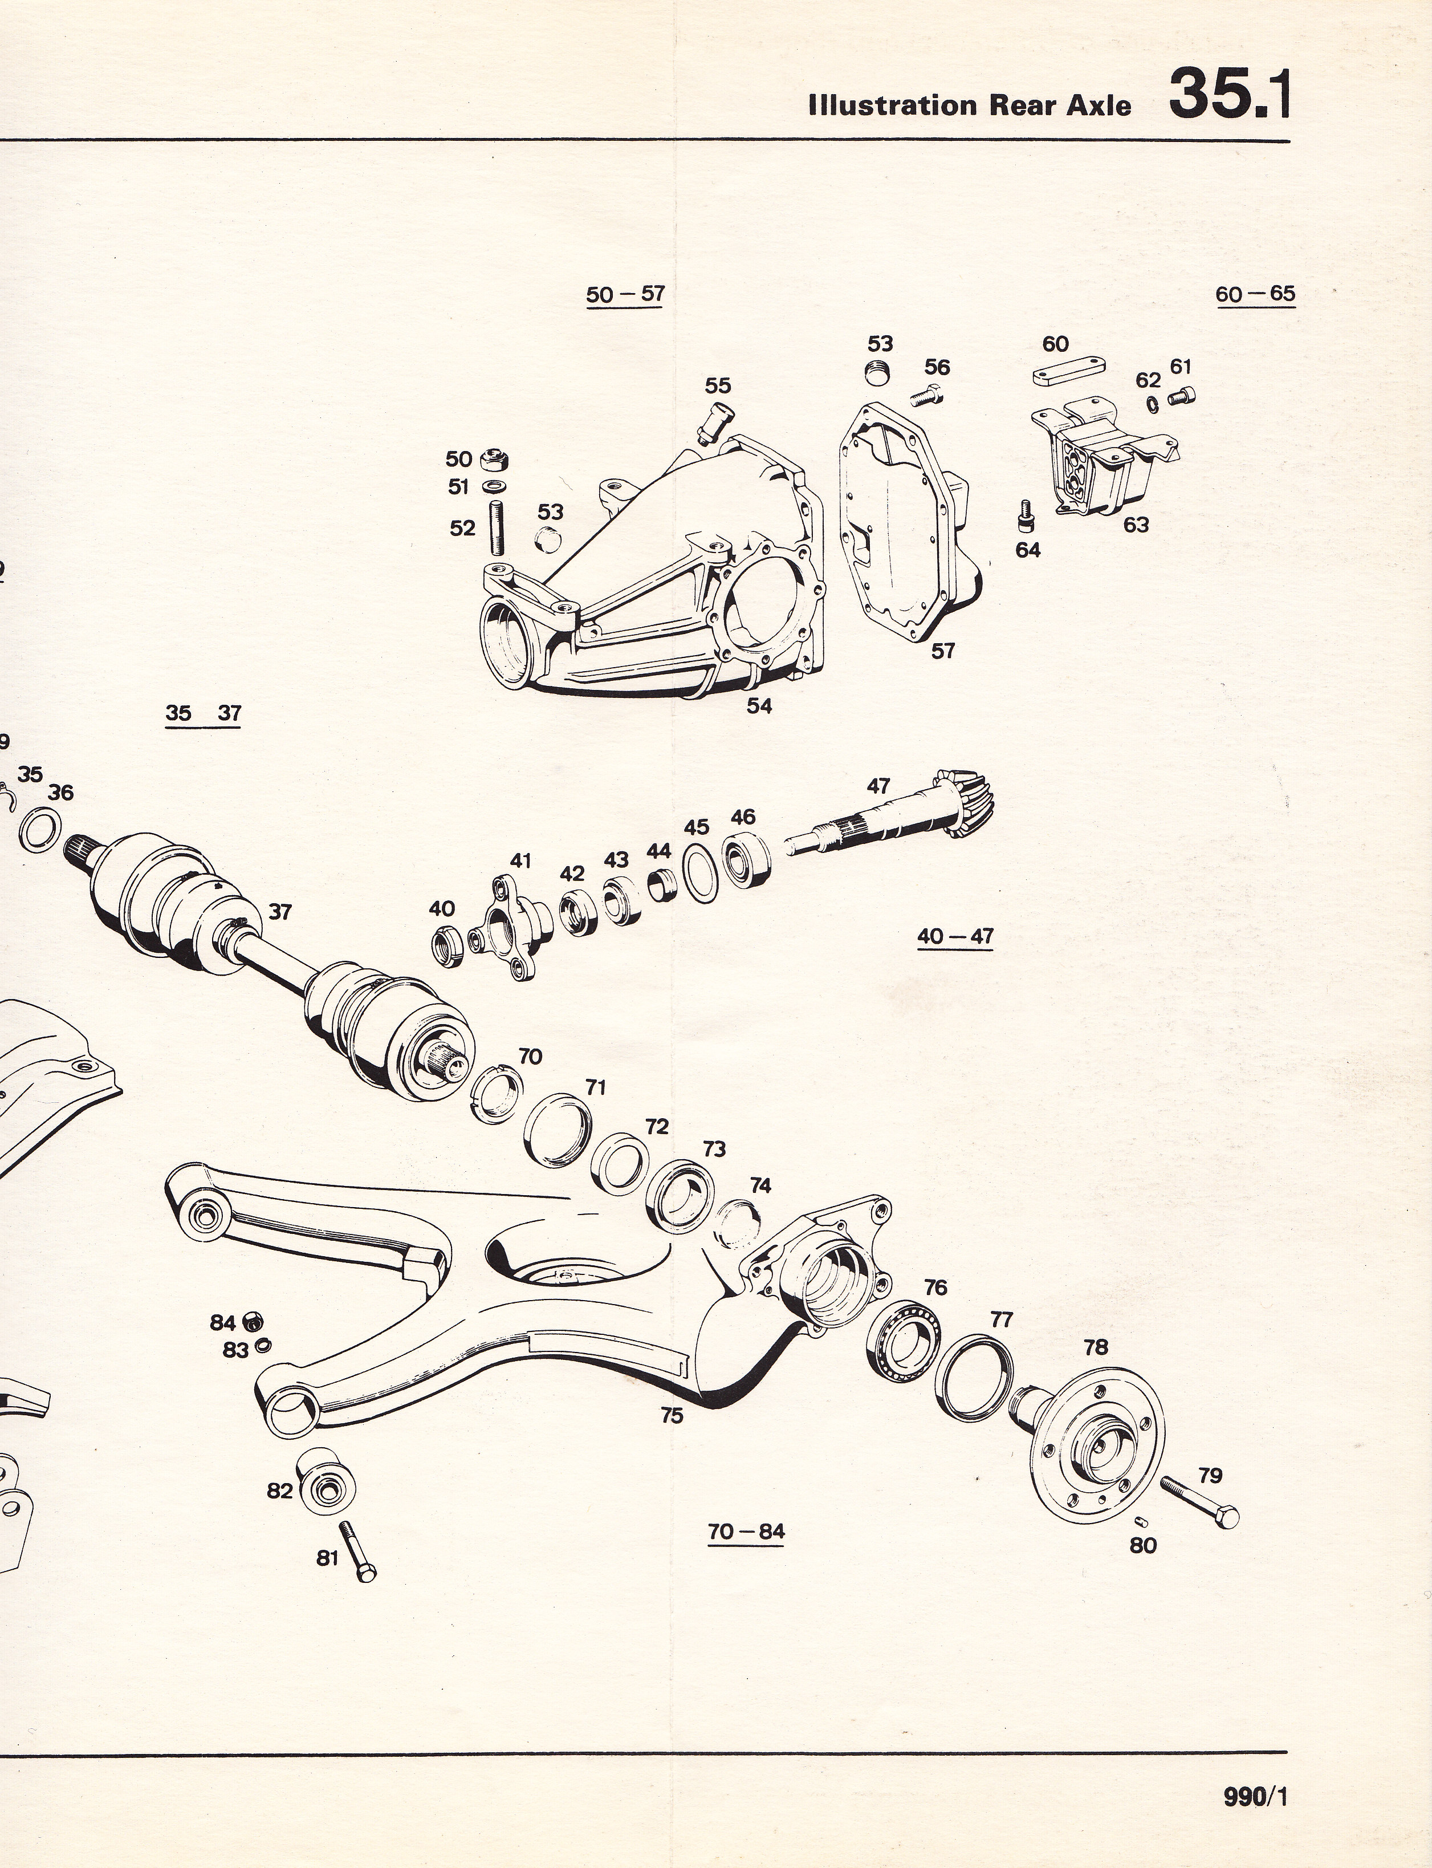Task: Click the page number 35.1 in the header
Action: pos(1229,95)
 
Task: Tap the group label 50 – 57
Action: pos(625,295)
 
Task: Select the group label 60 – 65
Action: pos(1255,295)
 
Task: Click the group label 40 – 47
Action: pos(955,936)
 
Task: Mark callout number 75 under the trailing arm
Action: pos(672,1415)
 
